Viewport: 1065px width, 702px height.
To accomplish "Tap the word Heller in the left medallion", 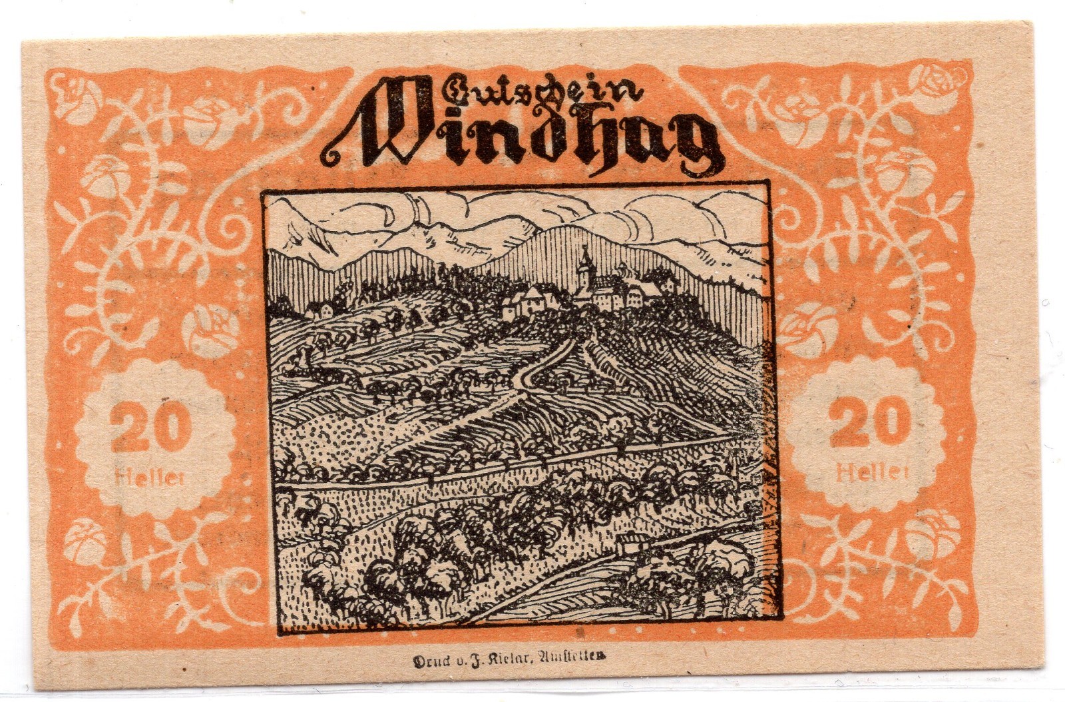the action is [x=150, y=477].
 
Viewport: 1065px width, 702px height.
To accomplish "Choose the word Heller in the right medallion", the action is [x=873, y=474].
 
